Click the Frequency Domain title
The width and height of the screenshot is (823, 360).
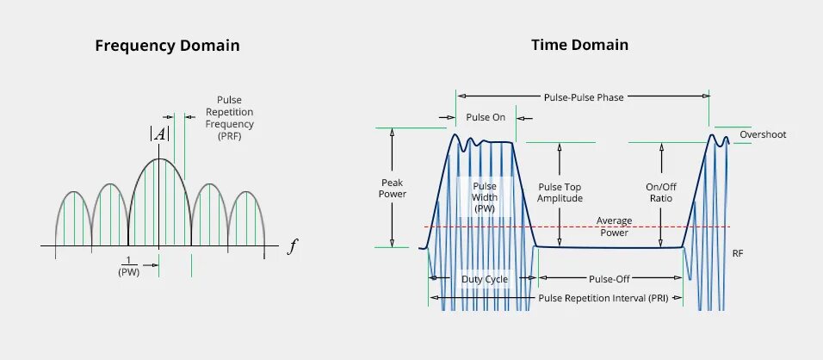167,46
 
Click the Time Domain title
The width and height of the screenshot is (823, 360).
579,45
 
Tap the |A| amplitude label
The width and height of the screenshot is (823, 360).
158,133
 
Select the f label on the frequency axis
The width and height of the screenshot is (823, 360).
293,247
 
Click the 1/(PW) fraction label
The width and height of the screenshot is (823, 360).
128,266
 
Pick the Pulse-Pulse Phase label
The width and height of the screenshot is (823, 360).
584,97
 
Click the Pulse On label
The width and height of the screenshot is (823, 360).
486,117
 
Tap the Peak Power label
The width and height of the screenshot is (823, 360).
393,188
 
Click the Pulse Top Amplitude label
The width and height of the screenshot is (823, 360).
560,192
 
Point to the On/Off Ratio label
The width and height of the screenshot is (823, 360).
661,192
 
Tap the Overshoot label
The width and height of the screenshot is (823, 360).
763,134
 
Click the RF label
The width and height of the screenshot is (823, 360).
737,254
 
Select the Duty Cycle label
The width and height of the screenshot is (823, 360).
484,279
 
